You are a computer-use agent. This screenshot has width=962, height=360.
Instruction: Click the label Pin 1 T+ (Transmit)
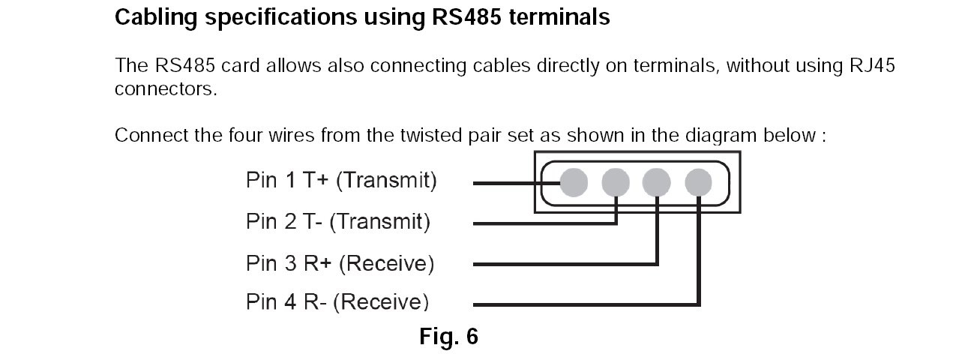point(341,181)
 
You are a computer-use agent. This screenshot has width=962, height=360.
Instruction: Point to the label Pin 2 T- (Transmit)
point(338,223)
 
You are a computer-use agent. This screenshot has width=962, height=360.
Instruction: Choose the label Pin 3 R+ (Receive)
point(340,263)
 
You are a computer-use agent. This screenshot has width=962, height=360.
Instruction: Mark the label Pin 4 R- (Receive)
point(337,303)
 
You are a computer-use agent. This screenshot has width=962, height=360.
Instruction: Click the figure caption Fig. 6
point(448,337)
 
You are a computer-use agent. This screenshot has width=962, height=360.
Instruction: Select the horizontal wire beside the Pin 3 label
point(562,264)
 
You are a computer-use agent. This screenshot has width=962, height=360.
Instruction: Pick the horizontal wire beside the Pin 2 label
point(540,223)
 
